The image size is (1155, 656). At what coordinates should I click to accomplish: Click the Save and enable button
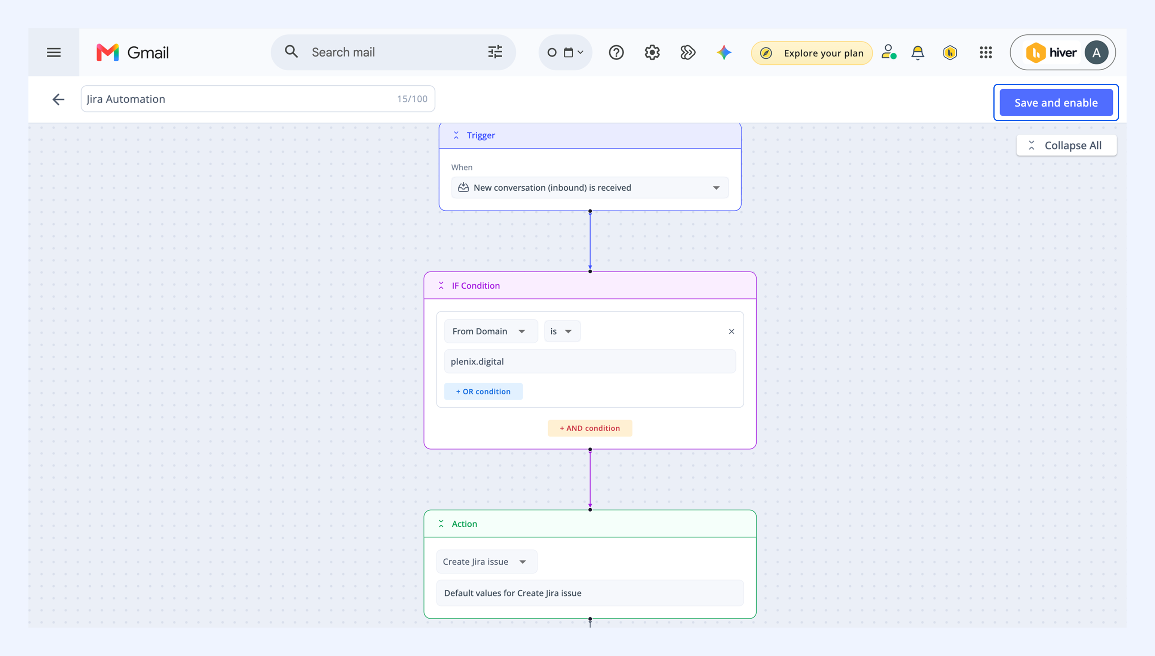pyautogui.click(x=1056, y=103)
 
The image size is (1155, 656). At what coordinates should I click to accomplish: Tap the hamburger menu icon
pyautogui.click(x=53, y=53)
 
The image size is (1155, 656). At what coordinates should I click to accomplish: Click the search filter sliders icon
pyautogui.click(x=495, y=52)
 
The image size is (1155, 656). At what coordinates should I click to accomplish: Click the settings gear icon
pyautogui.click(x=652, y=53)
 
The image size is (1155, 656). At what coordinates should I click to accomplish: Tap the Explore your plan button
pyautogui.click(x=812, y=53)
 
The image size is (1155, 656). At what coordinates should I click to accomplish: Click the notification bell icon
pyautogui.click(x=917, y=53)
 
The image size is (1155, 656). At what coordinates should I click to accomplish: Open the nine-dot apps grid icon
pyautogui.click(x=986, y=53)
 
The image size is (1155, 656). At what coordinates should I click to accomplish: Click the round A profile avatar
pyautogui.click(x=1096, y=53)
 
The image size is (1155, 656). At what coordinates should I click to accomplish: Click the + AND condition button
pyautogui.click(x=590, y=428)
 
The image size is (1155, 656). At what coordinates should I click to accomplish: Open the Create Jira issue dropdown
pyautogui.click(x=487, y=561)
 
